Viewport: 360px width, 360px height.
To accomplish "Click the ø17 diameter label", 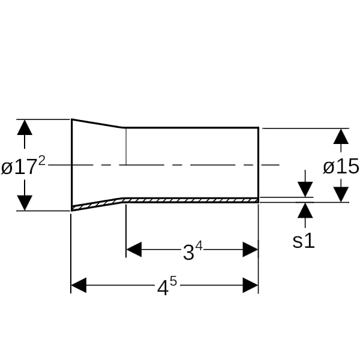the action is tap(20, 167).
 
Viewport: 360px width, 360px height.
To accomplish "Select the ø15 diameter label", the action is tap(341, 166).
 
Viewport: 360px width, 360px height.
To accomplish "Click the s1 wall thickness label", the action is tap(304, 241).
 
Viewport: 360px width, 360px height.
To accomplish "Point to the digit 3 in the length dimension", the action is tap(189, 252).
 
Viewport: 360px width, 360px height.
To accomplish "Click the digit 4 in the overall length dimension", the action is tap(163, 288).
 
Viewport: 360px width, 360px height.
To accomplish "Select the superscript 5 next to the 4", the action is tap(173, 282).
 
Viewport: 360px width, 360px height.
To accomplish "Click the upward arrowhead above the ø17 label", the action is tap(25, 127).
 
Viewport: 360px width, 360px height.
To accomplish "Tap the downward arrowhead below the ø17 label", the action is tap(25, 203).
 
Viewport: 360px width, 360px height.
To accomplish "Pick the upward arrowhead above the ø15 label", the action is tap(341, 136).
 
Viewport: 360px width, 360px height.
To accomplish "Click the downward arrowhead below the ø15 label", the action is tap(341, 194).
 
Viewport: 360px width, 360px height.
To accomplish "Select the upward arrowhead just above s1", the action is tap(305, 211).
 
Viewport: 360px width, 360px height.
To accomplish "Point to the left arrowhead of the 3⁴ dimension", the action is tap(134, 250).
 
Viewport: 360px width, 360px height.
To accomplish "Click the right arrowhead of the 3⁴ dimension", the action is tap(250, 250).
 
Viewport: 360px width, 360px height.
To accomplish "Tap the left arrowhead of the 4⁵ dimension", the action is tap(79, 285).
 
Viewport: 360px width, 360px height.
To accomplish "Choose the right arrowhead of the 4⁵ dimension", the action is tap(250, 285).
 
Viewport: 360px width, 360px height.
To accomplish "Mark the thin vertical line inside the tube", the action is tap(126, 146).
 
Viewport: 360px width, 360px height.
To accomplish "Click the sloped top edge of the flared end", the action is tap(97, 123).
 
